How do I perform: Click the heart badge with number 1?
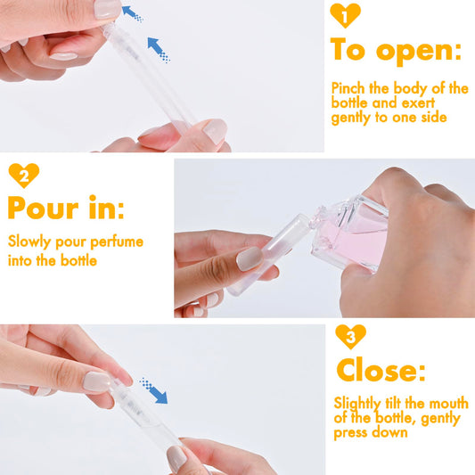(x=345, y=15)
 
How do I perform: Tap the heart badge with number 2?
(x=24, y=176)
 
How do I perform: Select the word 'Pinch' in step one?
(x=349, y=89)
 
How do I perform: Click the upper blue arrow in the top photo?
(x=132, y=12)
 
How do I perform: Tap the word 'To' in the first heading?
(x=349, y=50)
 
